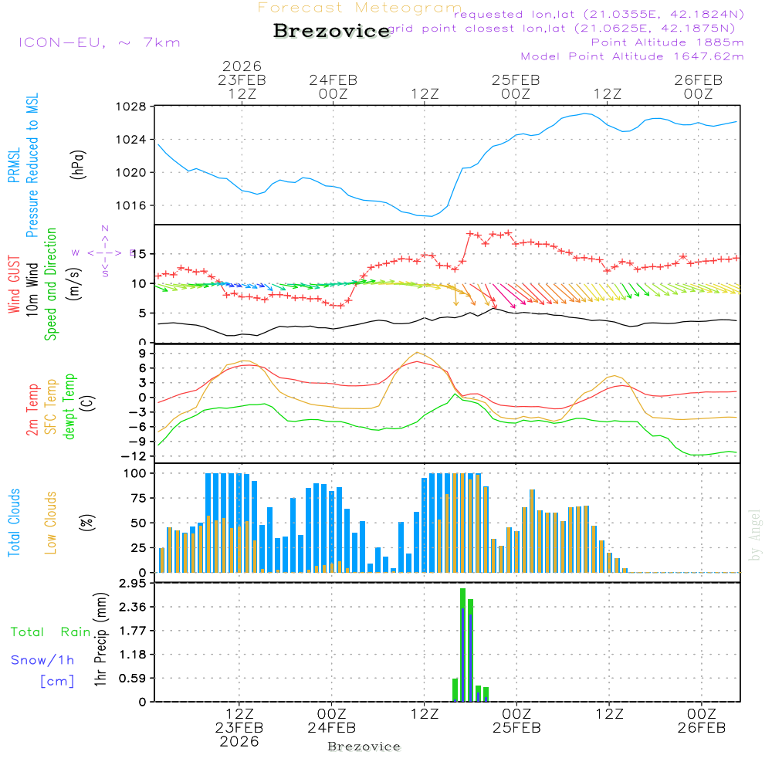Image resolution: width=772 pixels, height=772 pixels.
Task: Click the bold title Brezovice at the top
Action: tap(332, 32)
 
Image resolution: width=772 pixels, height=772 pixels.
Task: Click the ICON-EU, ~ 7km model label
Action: tap(99, 42)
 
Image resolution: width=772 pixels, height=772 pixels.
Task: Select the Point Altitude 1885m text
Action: tap(667, 42)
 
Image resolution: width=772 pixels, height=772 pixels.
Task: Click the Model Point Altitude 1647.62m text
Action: tap(632, 56)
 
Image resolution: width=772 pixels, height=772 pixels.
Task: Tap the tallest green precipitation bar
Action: tap(462, 645)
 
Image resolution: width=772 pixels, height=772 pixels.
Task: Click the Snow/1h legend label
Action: tap(42, 660)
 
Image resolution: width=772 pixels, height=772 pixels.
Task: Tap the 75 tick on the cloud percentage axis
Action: tap(137, 498)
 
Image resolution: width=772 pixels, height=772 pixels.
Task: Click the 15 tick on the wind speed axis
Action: tap(140, 254)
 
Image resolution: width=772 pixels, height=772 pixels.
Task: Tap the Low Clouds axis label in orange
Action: tap(51, 521)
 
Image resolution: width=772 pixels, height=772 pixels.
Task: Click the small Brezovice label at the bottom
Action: tap(364, 747)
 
